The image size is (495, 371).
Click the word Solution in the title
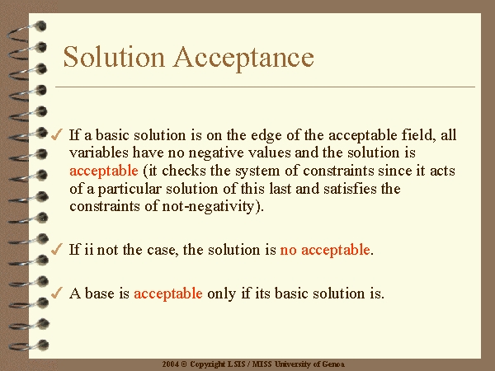coord(114,57)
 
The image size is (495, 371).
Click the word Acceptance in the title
coord(243,58)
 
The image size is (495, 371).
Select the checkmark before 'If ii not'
coord(57,249)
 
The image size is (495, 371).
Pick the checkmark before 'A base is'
coord(57,293)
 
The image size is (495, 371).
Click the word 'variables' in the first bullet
coord(99,153)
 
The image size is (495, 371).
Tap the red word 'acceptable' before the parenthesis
coord(104,171)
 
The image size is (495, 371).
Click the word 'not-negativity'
coord(208,207)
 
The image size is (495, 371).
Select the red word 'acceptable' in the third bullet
coord(168,294)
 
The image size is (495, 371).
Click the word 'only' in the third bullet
coord(222,294)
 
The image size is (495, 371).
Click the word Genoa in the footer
coord(333,364)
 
